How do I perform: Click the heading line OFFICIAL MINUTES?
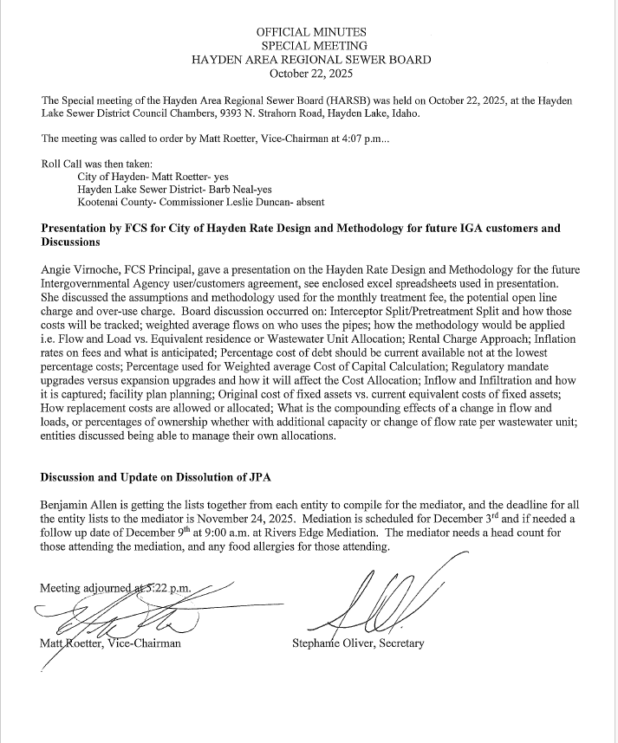[x=311, y=32]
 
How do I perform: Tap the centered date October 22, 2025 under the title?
[x=311, y=74]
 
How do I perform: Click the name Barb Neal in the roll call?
[x=226, y=189]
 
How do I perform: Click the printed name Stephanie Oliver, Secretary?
[x=359, y=643]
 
